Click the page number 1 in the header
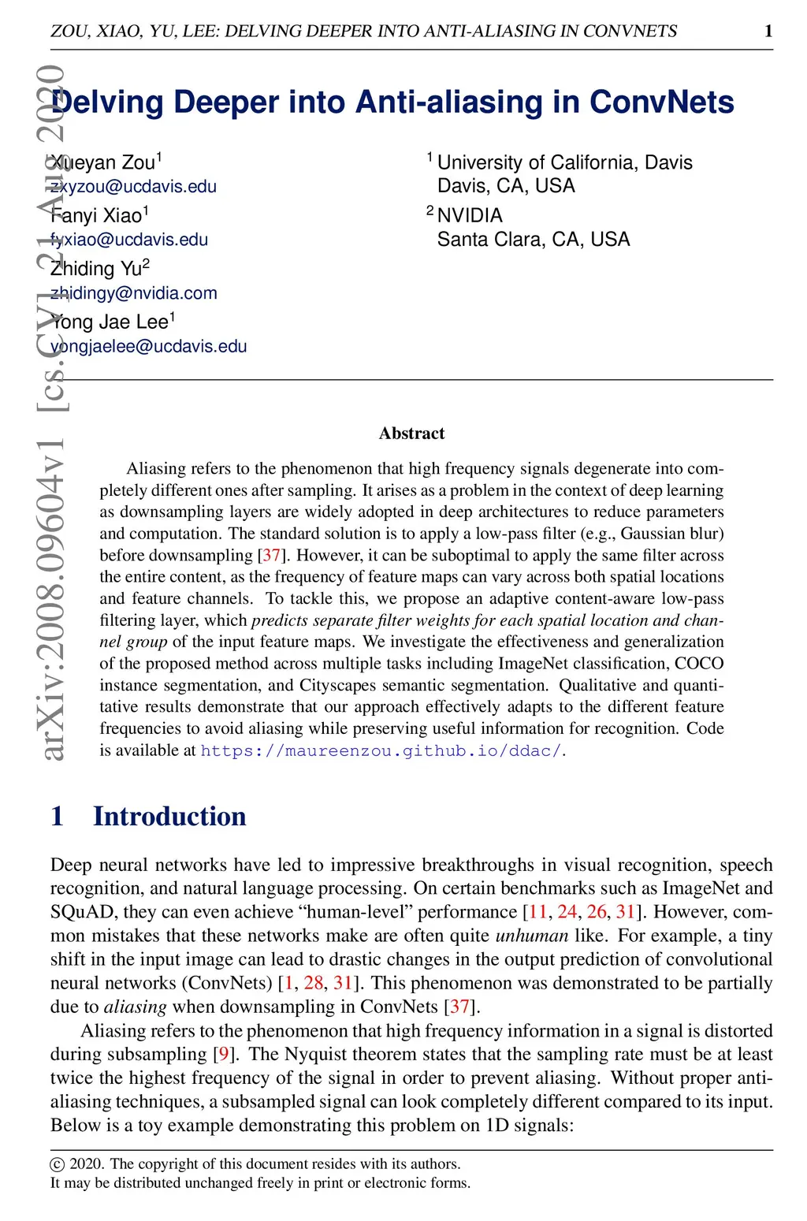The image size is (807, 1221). [768, 31]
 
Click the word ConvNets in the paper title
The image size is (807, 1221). [661, 102]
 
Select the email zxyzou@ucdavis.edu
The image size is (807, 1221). [133, 187]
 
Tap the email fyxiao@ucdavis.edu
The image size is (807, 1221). [129, 240]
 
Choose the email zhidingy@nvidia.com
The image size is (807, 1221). [134, 293]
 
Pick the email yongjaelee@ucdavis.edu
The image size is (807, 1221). [149, 346]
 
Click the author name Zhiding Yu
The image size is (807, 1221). [96, 269]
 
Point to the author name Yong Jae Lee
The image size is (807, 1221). [110, 322]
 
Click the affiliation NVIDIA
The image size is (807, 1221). [470, 215]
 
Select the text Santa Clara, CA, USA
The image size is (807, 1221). [534, 240]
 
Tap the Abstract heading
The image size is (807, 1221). [411, 433]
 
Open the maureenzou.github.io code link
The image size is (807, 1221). [381, 750]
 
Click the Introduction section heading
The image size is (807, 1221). [169, 816]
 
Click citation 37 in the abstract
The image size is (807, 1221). [271, 555]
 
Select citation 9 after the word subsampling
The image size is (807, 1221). [224, 1054]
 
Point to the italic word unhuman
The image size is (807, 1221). [531, 936]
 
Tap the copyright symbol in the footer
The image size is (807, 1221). [57, 1164]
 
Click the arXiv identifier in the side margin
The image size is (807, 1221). [54, 599]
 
